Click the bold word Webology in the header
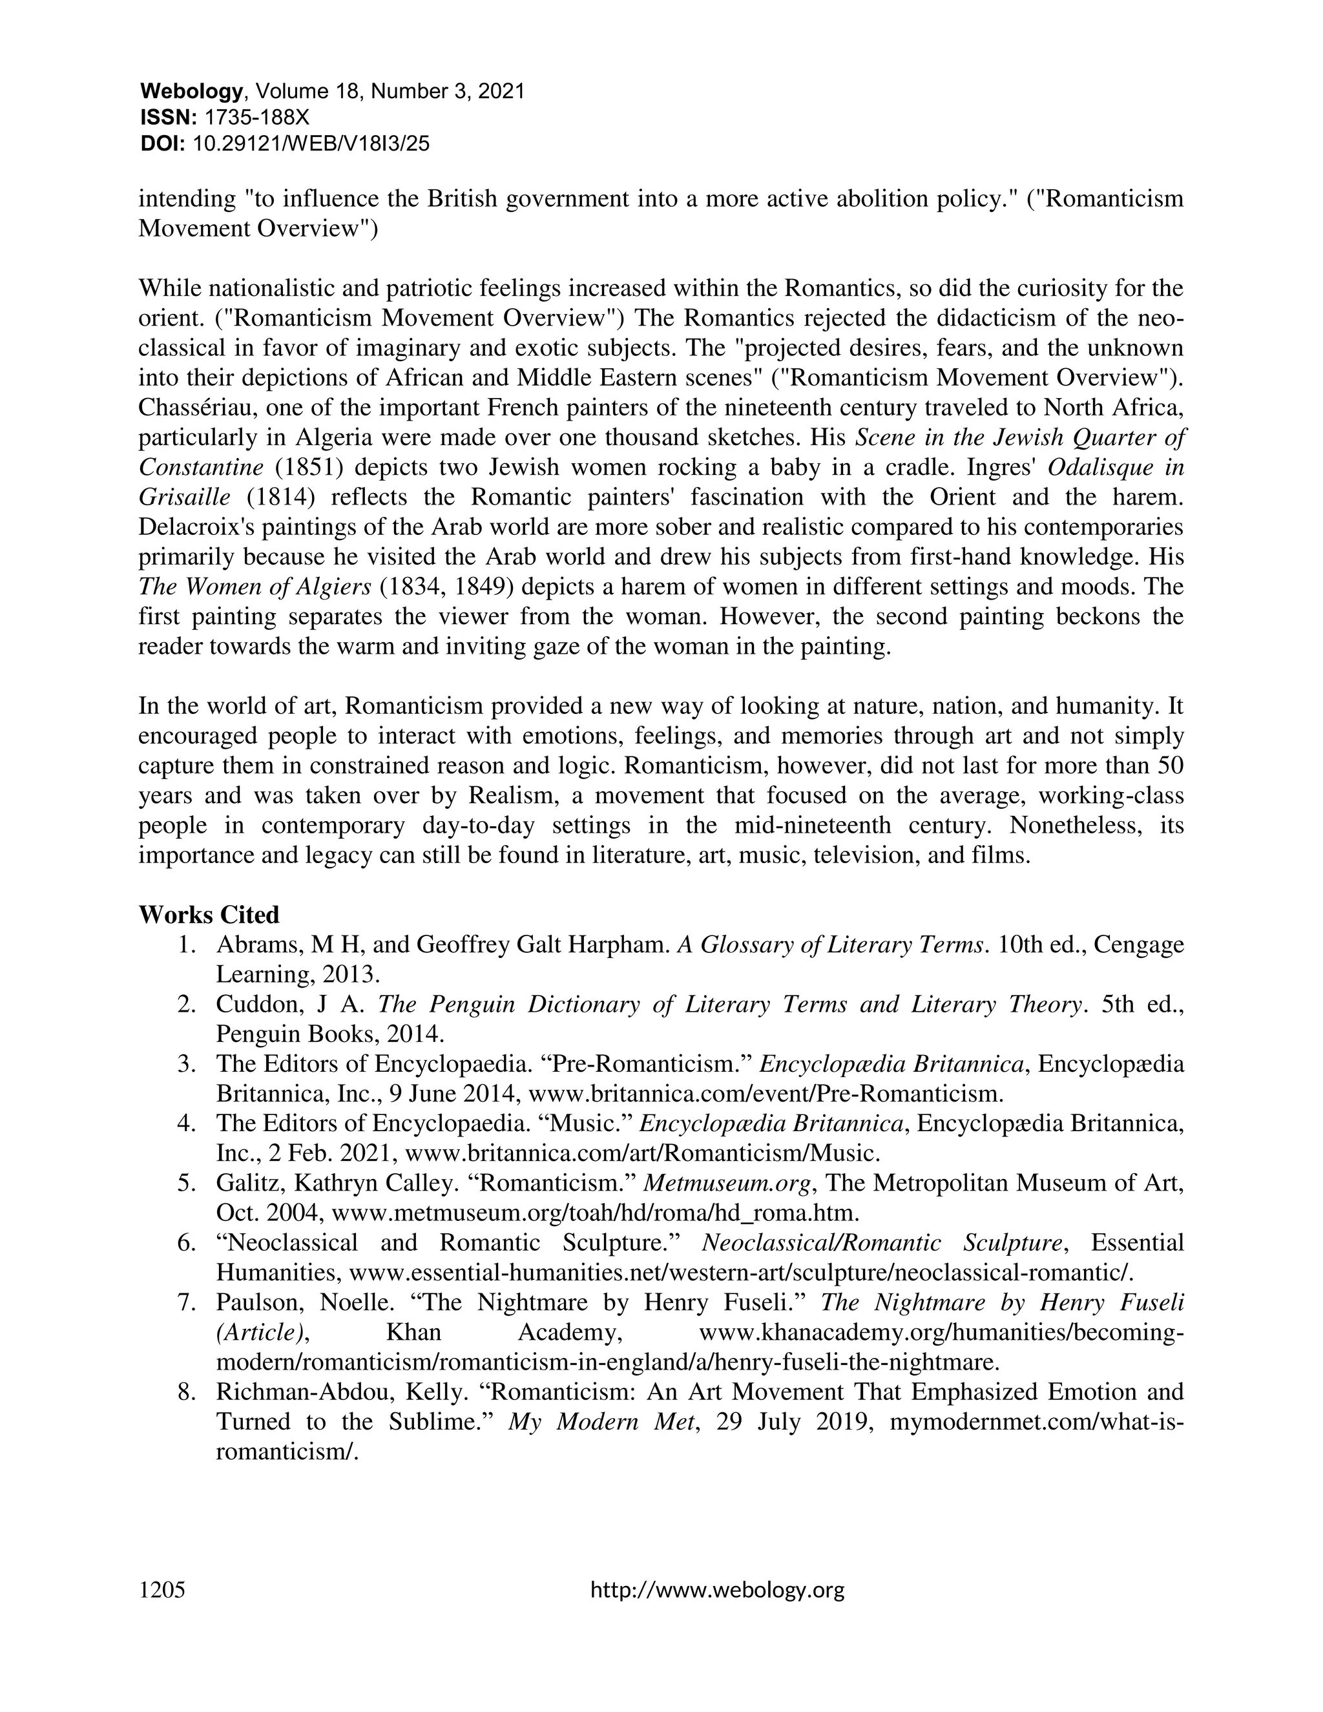pos(191,92)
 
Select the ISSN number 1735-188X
pos(256,118)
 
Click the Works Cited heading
pos(209,915)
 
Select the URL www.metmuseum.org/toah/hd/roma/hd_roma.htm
pos(596,1213)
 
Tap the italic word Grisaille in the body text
pos(184,497)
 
